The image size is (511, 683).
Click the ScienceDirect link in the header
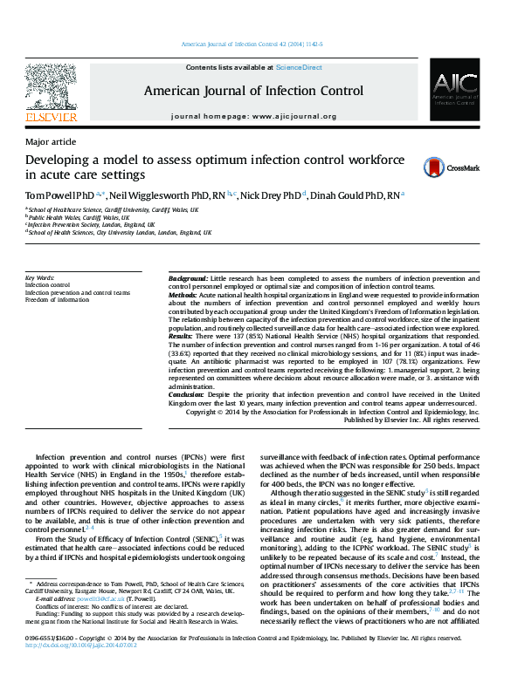pyautogui.click(x=299, y=67)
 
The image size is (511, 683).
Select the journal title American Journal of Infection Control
pyautogui.click(x=253, y=90)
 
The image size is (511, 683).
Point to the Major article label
pyautogui.click(x=50, y=141)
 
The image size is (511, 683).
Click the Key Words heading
pyautogui.click(x=40, y=277)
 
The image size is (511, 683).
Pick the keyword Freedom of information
pyautogui.click(x=58, y=300)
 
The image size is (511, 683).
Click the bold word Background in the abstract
pyautogui.click(x=188, y=277)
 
